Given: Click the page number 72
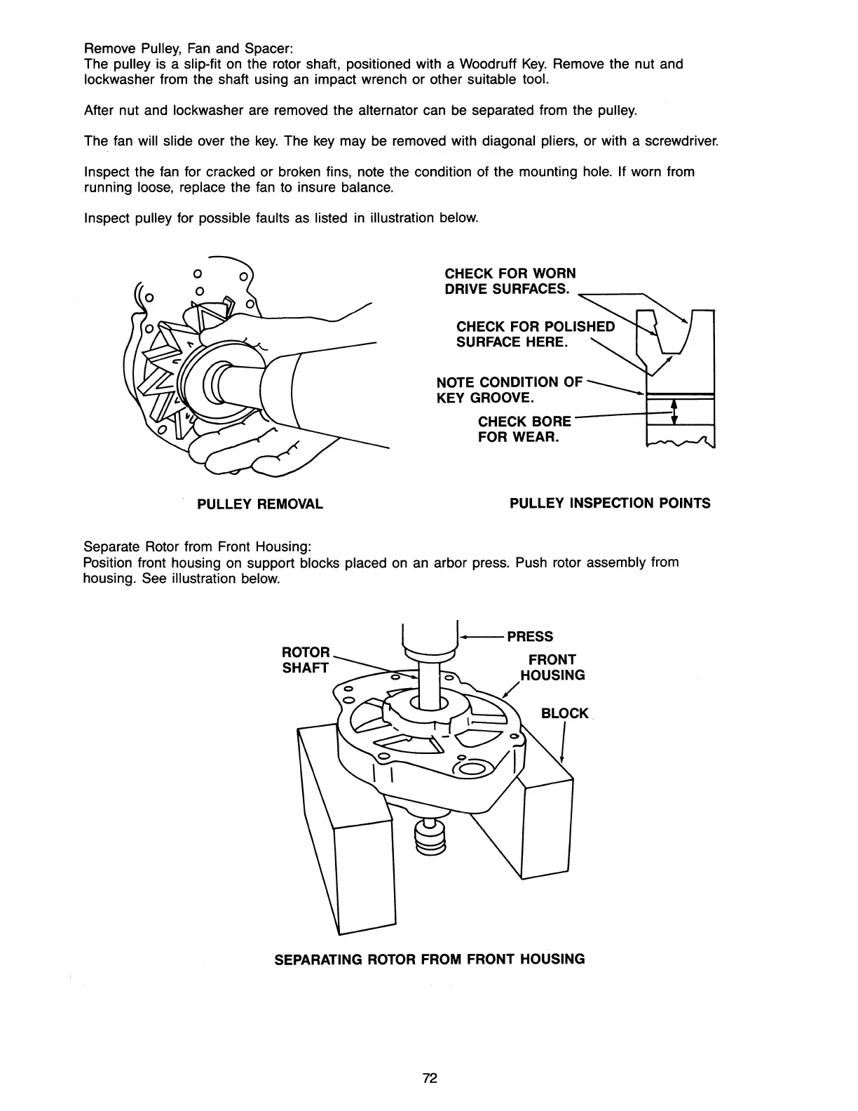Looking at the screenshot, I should coord(430,1079).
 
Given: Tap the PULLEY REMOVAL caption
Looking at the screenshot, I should coord(259,504).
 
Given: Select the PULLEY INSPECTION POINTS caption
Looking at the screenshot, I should coord(610,503).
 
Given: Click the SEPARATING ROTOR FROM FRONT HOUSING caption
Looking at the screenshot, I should coord(429,959).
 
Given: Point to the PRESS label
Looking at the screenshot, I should coord(530,636).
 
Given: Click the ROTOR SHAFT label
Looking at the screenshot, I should coord(305,660).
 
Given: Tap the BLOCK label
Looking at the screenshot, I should coord(564,713).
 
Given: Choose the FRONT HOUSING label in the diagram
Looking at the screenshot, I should coord(552,667).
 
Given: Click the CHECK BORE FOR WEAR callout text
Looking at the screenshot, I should coord(524,430).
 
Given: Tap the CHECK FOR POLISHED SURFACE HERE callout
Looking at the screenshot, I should coord(535,335).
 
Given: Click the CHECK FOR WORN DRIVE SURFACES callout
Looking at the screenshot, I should coord(510,281).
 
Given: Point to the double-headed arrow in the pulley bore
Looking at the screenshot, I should coord(674,412).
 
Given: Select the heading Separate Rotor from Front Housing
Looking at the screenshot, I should coord(197,546).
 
